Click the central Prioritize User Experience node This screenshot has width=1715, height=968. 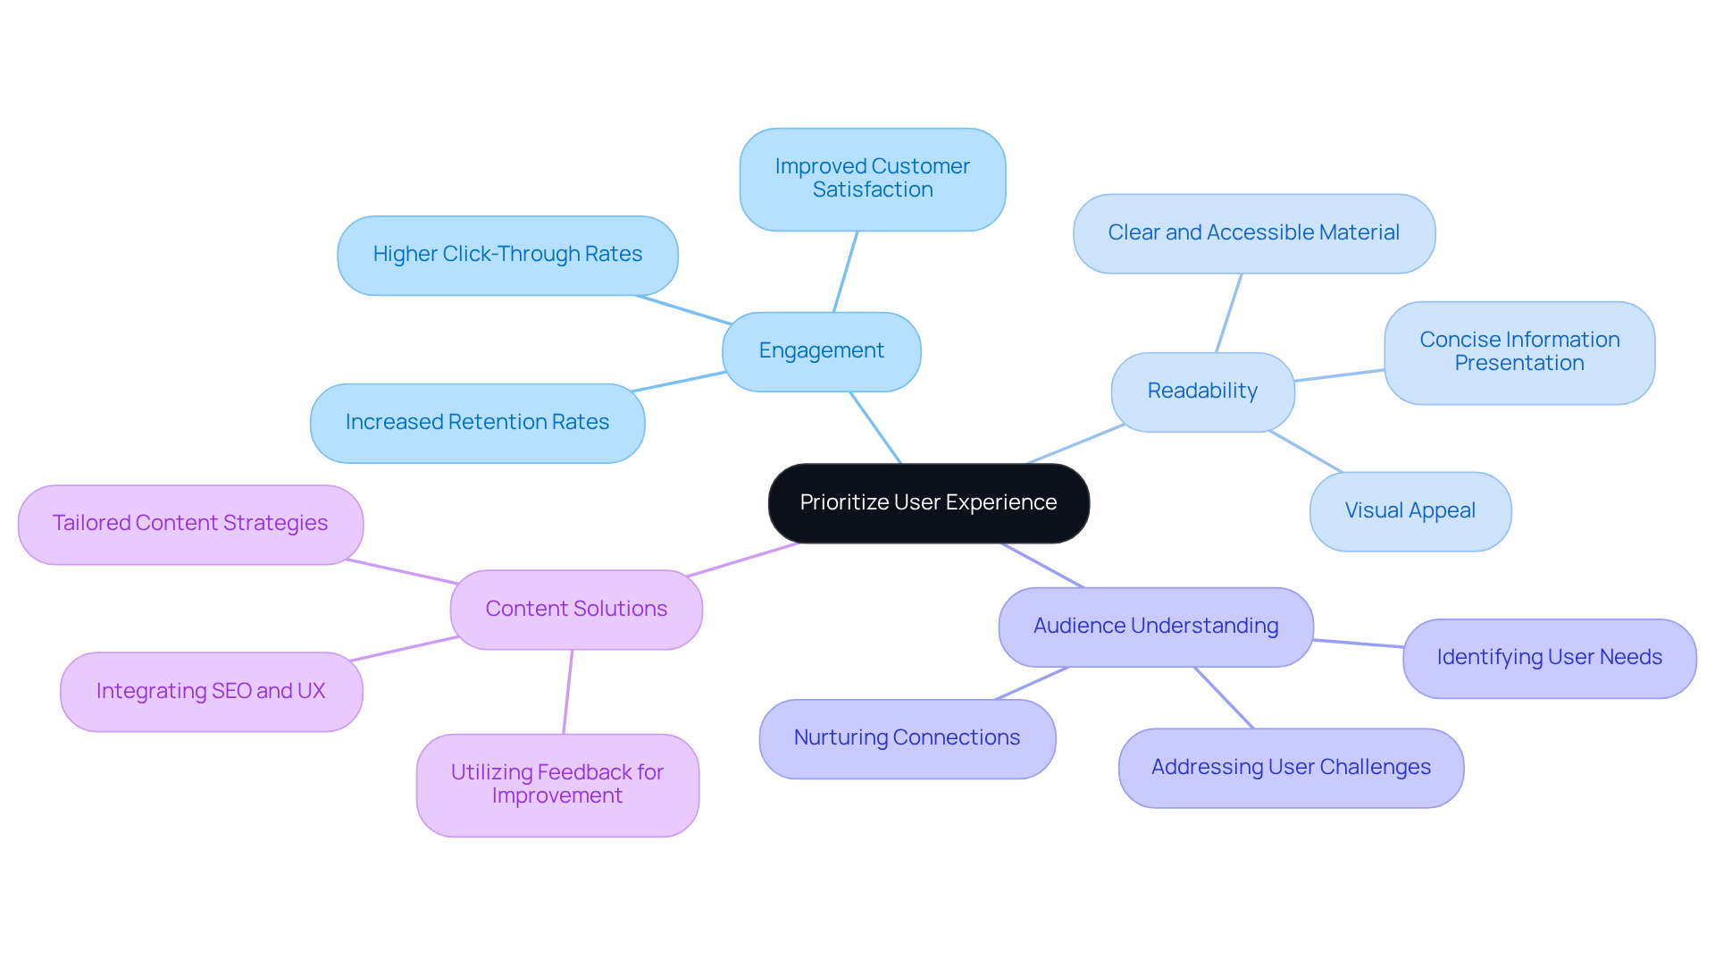tap(928, 502)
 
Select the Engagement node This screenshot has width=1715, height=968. tap(821, 351)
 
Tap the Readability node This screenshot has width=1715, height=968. tap(1202, 391)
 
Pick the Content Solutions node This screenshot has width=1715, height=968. tap(576, 609)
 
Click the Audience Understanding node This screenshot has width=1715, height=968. tap(1155, 626)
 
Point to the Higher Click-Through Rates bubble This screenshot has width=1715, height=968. tap(507, 255)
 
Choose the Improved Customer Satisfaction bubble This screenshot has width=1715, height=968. tap(872, 179)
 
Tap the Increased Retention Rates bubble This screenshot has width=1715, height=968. tap(477, 423)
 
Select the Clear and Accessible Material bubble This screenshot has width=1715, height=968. tap(1253, 233)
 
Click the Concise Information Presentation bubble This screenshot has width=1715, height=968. tap(1518, 352)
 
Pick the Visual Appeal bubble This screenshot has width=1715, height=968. tap(1410, 511)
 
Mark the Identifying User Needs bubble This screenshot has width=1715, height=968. tap(1549, 658)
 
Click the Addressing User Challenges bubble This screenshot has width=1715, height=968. tap(1290, 768)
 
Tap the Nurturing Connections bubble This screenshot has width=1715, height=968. tap(907, 738)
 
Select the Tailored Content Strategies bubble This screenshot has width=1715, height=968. tap(190, 524)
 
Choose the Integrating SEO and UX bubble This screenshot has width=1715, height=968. tap(211, 692)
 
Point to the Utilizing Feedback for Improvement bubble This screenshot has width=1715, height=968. tap(556, 785)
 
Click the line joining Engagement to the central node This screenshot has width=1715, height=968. tap(875, 427)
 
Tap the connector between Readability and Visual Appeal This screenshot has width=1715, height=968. tap(1305, 451)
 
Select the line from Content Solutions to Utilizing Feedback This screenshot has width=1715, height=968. tap(567, 692)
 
